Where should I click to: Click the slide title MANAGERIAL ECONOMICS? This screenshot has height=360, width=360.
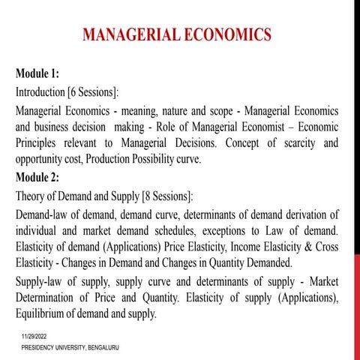click(177, 35)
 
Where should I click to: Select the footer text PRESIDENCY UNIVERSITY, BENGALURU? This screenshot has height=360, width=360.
click(70, 349)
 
